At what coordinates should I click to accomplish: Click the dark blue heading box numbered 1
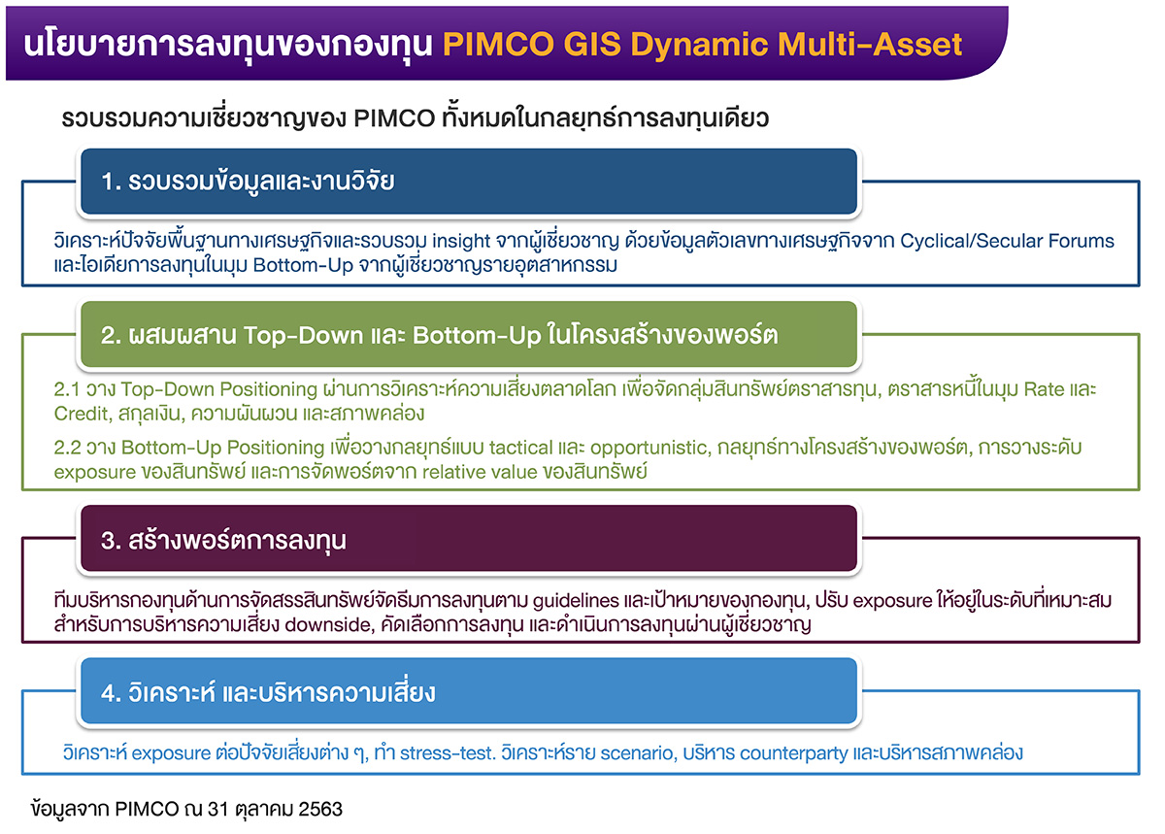pos(468,182)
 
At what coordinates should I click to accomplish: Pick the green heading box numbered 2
pos(468,335)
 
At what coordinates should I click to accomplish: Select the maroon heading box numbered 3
pos(468,539)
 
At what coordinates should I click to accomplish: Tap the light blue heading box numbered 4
pos(468,692)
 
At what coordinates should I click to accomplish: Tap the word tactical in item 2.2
pos(526,449)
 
